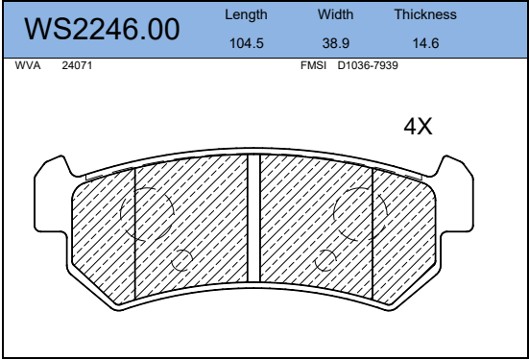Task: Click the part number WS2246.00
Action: (x=102, y=29)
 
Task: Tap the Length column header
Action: (x=246, y=14)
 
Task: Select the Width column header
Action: (x=335, y=14)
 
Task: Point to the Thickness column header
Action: (x=425, y=14)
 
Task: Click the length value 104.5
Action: (x=247, y=43)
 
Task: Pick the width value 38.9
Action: (x=336, y=43)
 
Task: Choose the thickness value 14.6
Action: (x=425, y=43)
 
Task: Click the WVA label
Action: (x=28, y=65)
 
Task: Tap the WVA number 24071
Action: (x=77, y=65)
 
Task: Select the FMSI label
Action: (x=313, y=65)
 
